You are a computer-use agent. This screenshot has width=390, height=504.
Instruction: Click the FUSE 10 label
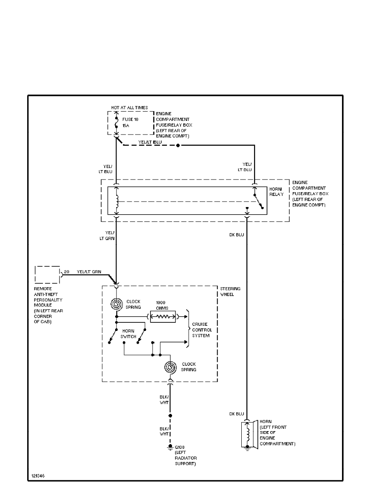[x=130, y=120]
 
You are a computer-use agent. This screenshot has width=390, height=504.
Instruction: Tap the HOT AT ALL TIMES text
[x=130, y=108]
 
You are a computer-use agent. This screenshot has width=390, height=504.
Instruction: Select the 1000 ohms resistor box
[x=162, y=316]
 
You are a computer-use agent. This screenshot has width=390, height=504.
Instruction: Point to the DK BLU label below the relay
[x=237, y=234]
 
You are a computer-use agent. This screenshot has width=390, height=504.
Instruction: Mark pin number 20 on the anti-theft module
[x=67, y=272]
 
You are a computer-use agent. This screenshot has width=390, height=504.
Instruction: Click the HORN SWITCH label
[x=128, y=333]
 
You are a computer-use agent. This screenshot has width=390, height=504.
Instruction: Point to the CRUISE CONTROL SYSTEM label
[x=202, y=330]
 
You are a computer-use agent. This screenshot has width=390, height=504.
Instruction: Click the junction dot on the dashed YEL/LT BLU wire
[x=178, y=146]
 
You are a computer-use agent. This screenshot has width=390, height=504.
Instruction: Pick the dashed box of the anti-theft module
[x=47, y=274]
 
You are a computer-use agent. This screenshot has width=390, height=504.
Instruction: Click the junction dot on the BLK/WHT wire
[x=171, y=415]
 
